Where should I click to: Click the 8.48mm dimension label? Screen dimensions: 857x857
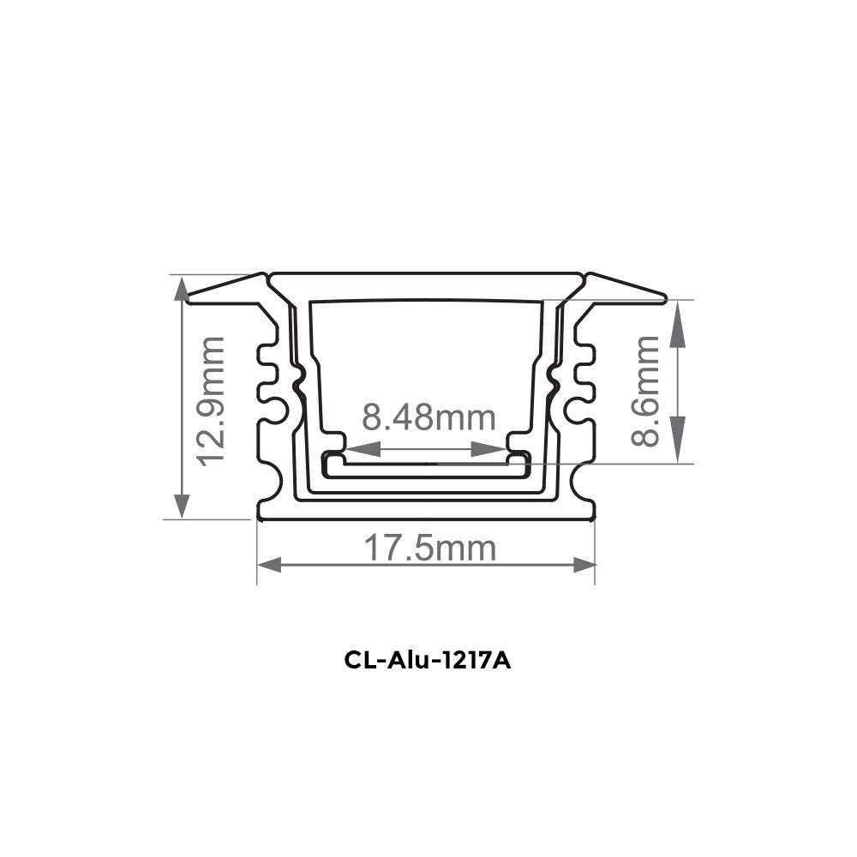(428, 418)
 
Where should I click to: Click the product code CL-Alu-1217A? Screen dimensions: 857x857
(428, 662)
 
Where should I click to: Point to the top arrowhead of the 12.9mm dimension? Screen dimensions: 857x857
(180, 288)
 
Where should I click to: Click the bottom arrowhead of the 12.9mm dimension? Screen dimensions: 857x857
(180, 506)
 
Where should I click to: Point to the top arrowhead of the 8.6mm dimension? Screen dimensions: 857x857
(678, 313)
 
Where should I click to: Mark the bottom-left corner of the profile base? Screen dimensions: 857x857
(258, 518)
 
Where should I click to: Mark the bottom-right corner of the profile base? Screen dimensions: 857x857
(595, 518)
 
